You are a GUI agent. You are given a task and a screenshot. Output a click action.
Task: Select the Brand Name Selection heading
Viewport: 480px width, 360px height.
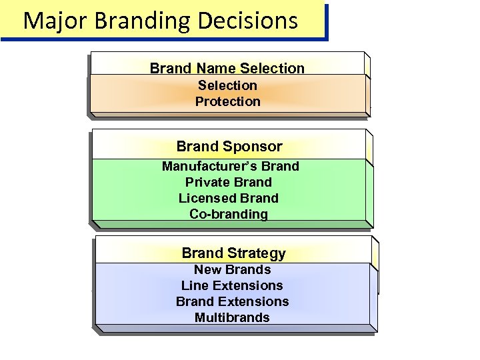tap(227, 68)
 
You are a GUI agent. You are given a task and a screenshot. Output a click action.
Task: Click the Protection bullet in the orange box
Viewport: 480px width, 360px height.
tap(227, 101)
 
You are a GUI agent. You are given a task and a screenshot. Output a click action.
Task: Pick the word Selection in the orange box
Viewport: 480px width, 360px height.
tap(227, 85)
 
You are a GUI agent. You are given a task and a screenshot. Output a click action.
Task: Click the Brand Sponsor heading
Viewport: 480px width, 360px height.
tap(229, 146)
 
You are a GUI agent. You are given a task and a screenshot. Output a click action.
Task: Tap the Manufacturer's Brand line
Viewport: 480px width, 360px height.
tap(230, 166)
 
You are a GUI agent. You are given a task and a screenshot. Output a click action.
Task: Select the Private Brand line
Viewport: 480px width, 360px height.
tap(229, 182)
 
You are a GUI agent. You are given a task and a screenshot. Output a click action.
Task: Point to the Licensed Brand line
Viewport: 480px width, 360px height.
tap(229, 198)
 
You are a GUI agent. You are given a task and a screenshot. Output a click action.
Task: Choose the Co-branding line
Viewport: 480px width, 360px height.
tap(229, 214)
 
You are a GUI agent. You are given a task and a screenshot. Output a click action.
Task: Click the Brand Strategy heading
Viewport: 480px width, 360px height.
tap(233, 253)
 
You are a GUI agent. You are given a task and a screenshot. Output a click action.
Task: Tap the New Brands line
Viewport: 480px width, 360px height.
tap(232, 270)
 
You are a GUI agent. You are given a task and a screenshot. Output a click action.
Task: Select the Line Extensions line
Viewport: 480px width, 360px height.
tap(232, 285)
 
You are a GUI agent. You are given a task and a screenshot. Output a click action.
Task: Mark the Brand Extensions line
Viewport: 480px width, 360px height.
tap(232, 301)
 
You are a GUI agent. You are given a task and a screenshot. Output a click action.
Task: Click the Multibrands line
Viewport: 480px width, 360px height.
tap(232, 317)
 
